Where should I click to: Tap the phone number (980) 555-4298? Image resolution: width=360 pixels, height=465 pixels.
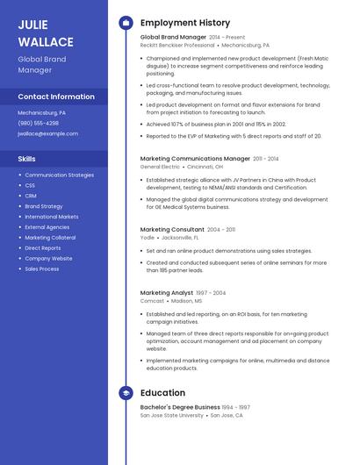[x=38, y=123]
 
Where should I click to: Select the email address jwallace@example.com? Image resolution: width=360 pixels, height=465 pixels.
[x=47, y=133]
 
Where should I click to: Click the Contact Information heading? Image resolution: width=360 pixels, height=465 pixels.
[x=56, y=97]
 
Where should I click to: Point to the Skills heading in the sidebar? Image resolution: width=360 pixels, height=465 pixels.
[x=26, y=159]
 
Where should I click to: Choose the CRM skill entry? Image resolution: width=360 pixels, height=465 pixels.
[x=30, y=196]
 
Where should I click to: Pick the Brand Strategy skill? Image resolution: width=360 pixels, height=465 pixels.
[x=44, y=206]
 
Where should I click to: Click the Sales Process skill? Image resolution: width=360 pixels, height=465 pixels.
[x=42, y=268]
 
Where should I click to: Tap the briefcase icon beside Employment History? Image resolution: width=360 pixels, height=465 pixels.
[x=126, y=23]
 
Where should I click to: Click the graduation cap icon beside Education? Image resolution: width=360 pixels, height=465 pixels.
[x=126, y=393]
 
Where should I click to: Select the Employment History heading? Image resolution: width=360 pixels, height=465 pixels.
[x=185, y=23]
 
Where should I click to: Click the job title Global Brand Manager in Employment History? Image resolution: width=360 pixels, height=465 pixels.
[x=173, y=38]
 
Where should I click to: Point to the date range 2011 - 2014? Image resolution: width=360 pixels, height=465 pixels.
[x=265, y=159]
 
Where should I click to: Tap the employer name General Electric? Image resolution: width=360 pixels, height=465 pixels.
[x=160, y=167]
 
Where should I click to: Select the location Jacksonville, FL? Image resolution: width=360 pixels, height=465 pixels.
[x=180, y=238]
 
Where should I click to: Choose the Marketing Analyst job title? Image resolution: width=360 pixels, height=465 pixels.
[x=167, y=292]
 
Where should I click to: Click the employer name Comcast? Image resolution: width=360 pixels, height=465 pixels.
[x=152, y=300]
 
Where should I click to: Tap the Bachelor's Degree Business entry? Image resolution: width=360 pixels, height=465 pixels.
[x=180, y=407]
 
